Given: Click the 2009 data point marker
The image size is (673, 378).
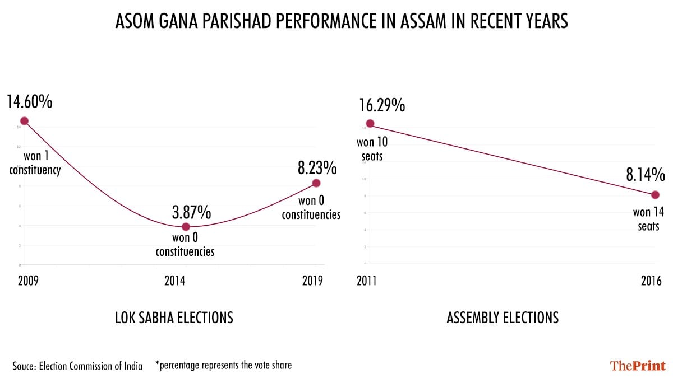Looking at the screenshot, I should pyautogui.click(x=24, y=120).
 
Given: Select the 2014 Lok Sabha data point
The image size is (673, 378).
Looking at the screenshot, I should pyautogui.click(x=186, y=227).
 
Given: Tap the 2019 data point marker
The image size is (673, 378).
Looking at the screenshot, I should pyautogui.click(x=316, y=183).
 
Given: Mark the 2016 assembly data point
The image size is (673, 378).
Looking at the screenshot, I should pyautogui.click(x=655, y=195).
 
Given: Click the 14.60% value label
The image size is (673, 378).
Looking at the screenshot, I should pyautogui.click(x=29, y=102).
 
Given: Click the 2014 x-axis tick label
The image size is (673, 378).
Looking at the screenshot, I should pyautogui.click(x=174, y=281).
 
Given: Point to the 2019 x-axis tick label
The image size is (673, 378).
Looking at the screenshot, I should pyautogui.click(x=312, y=281).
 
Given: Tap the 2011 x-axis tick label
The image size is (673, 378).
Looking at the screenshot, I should pyautogui.click(x=367, y=281).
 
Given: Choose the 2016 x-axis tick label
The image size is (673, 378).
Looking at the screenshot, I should pyautogui.click(x=651, y=281).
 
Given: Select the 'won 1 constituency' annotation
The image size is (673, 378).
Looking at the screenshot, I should pyautogui.click(x=35, y=162).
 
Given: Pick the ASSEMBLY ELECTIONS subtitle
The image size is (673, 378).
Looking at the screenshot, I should pyautogui.click(x=503, y=318).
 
